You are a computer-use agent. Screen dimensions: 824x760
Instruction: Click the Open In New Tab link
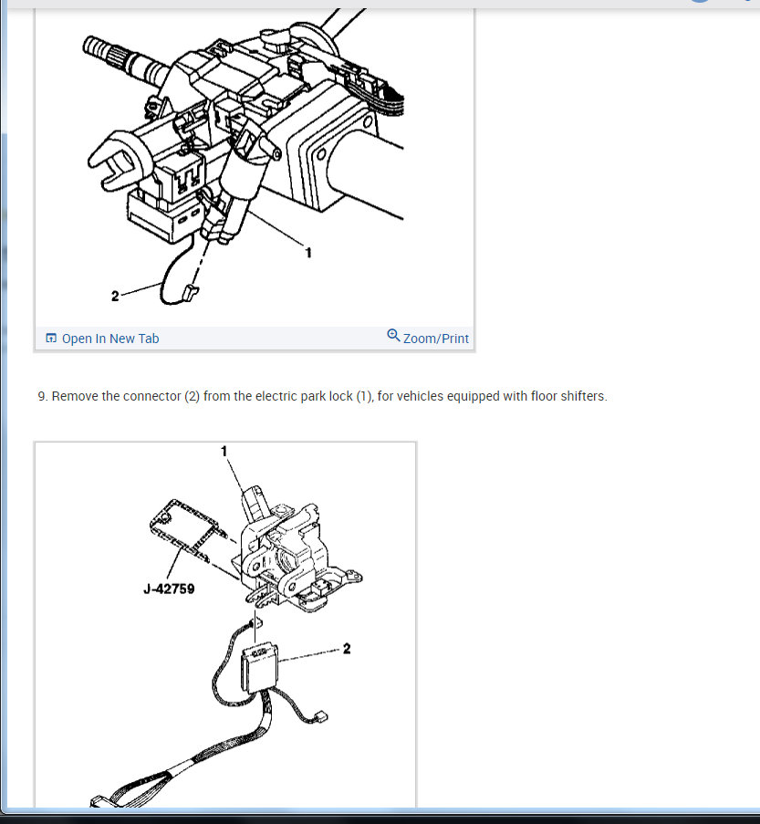[109, 339]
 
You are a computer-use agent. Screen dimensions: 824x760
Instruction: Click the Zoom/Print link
[435, 339]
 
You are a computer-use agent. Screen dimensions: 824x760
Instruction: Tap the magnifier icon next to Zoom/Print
[393, 336]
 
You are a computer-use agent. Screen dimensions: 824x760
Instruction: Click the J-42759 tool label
[169, 589]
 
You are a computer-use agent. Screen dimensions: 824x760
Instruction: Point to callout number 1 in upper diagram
[308, 252]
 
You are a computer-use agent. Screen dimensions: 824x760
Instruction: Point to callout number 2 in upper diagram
[115, 296]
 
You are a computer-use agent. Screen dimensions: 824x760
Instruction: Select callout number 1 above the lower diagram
[224, 451]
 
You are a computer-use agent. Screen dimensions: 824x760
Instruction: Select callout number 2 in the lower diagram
[347, 650]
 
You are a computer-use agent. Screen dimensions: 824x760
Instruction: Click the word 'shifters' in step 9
[580, 397]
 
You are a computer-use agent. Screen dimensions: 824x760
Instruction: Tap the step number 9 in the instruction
[42, 397]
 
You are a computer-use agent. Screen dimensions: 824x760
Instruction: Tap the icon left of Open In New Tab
[51, 339]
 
